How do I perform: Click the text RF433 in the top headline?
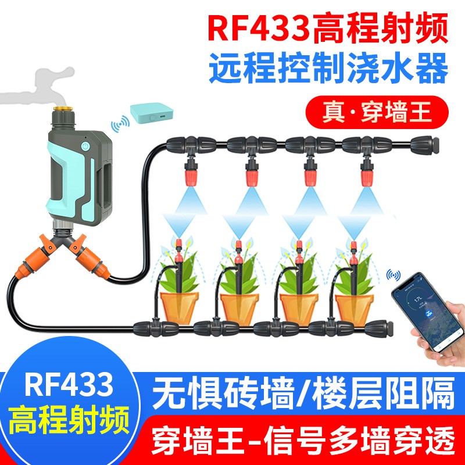click(x=255, y=27)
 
